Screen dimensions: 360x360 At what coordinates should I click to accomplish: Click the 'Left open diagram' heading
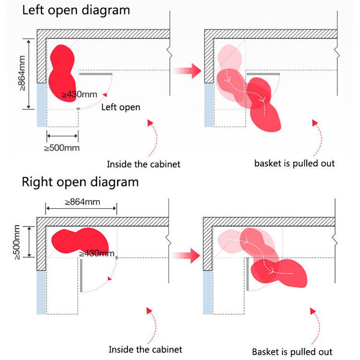tap(76, 11)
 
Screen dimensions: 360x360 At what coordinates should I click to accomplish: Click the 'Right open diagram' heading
tap(80, 182)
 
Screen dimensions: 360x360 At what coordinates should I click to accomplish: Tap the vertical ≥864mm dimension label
tap(22, 73)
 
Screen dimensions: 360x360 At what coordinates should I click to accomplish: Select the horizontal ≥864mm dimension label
tap(83, 202)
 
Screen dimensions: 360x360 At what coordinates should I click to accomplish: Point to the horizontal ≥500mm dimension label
tap(62, 148)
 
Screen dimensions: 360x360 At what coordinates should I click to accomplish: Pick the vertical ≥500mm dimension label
tap(17, 242)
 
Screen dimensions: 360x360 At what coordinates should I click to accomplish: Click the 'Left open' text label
tap(121, 107)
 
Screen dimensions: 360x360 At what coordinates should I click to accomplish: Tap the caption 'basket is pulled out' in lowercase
tap(294, 164)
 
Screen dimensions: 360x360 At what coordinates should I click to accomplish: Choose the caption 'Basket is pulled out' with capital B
tap(292, 352)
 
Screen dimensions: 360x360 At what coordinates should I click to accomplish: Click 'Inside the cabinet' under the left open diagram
tap(144, 164)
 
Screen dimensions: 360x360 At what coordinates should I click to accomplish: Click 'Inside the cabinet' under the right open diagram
tap(145, 349)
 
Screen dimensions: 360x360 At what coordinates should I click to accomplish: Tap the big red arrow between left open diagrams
tap(187, 71)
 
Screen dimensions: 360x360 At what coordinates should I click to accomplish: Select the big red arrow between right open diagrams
tap(186, 255)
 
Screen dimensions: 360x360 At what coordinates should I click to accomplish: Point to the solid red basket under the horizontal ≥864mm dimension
tap(80, 240)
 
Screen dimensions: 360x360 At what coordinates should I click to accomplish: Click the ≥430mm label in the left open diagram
tap(79, 95)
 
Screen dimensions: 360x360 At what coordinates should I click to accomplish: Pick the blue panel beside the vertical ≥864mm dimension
tap(42, 105)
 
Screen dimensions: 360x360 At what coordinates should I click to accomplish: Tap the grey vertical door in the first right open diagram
tap(81, 276)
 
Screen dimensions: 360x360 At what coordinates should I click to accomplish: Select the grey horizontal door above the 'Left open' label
tap(96, 74)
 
